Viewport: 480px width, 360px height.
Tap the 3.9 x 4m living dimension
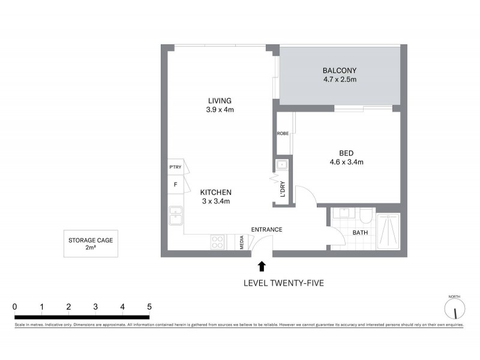click(220, 110)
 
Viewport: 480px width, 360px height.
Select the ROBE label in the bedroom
click(282, 134)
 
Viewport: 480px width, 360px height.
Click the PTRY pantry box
click(175, 167)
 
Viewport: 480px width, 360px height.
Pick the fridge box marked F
click(175, 184)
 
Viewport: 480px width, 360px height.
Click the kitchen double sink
click(176, 215)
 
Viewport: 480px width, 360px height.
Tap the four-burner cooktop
click(217, 242)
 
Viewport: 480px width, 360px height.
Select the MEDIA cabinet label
click(241, 242)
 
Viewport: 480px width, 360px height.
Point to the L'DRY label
click(282, 188)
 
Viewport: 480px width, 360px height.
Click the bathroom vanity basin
click(343, 213)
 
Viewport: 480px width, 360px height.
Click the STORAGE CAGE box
click(91, 244)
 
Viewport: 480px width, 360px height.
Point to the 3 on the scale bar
click(95, 307)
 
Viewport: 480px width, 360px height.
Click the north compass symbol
click(455, 309)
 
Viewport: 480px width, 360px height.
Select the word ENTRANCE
click(266, 230)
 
